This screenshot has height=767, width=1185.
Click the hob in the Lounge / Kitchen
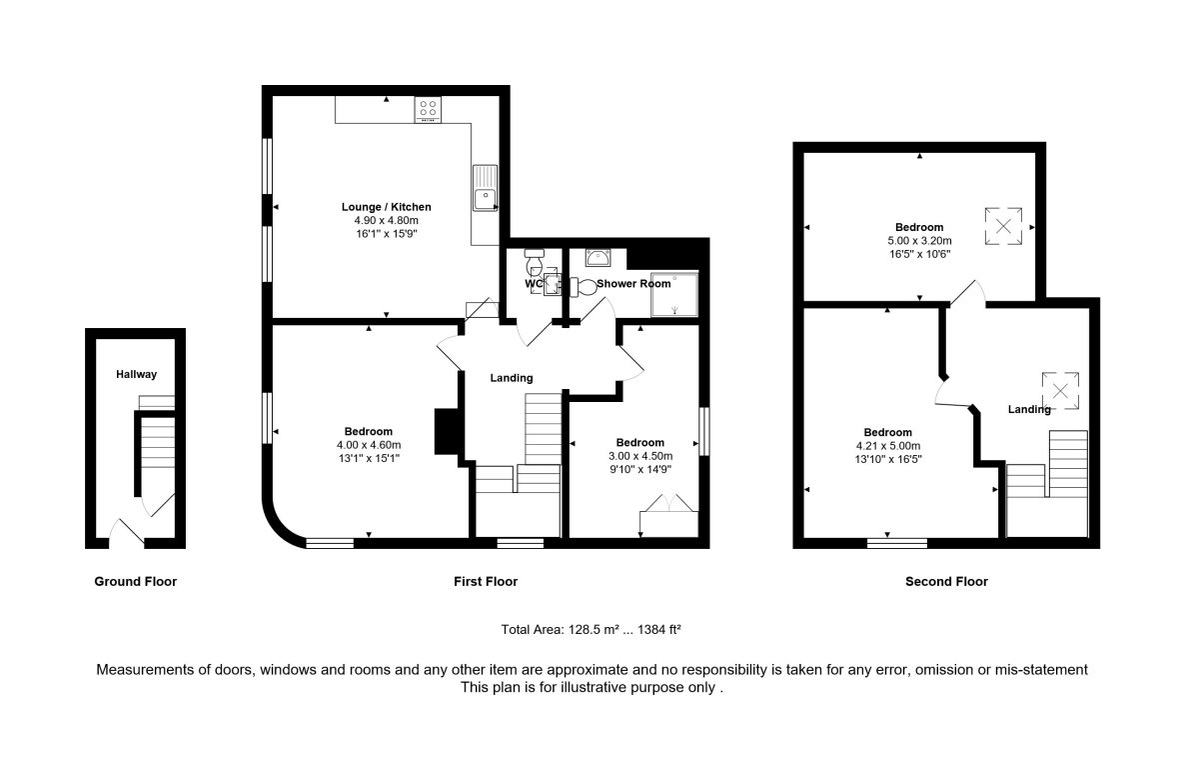pyautogui.click(x=428, y=110)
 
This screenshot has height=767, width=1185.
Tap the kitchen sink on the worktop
pyautogui.click(x=486, y=188)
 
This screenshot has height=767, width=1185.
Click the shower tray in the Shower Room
pyautogui.click(x=674, y=295)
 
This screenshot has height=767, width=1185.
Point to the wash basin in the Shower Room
pyautogui.click(x=597, y=258)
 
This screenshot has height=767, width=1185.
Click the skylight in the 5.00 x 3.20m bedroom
pyautogui.click(x=1003, y=226)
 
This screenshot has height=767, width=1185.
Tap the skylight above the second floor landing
pyautogui.click(x=1060, y=391)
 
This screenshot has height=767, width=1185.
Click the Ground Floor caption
pyautogui.click(x=135, y=581)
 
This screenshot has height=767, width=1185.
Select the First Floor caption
pyautogui.click(x=486, y=581)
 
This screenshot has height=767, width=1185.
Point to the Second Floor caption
pyautogui.click(x=946, y=581)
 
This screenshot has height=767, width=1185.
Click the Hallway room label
pyautogui.click(x=136, y=374)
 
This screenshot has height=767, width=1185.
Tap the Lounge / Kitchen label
pyautogui.click(x=387, y=206)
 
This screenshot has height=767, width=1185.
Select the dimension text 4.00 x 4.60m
pyautogui.click(x=369, y=445)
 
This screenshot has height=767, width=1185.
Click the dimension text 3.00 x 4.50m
pyautogui.click(x=640, y=456)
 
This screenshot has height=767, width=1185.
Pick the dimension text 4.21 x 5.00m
pyautogui.click(x=888, y=446)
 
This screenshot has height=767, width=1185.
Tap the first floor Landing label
pyautogui.click(x=512, y=377)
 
